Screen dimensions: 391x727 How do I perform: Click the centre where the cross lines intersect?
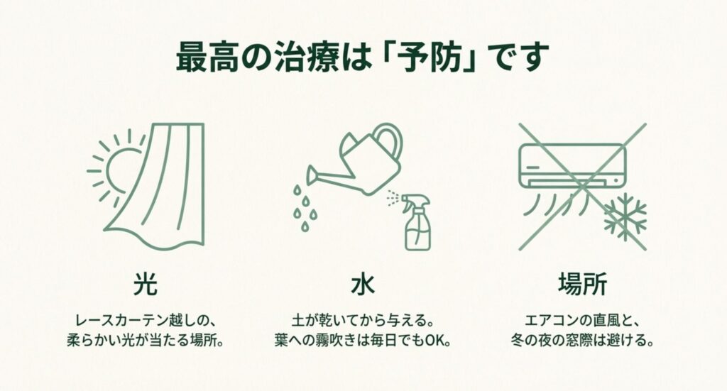click(x=582, y=186)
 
